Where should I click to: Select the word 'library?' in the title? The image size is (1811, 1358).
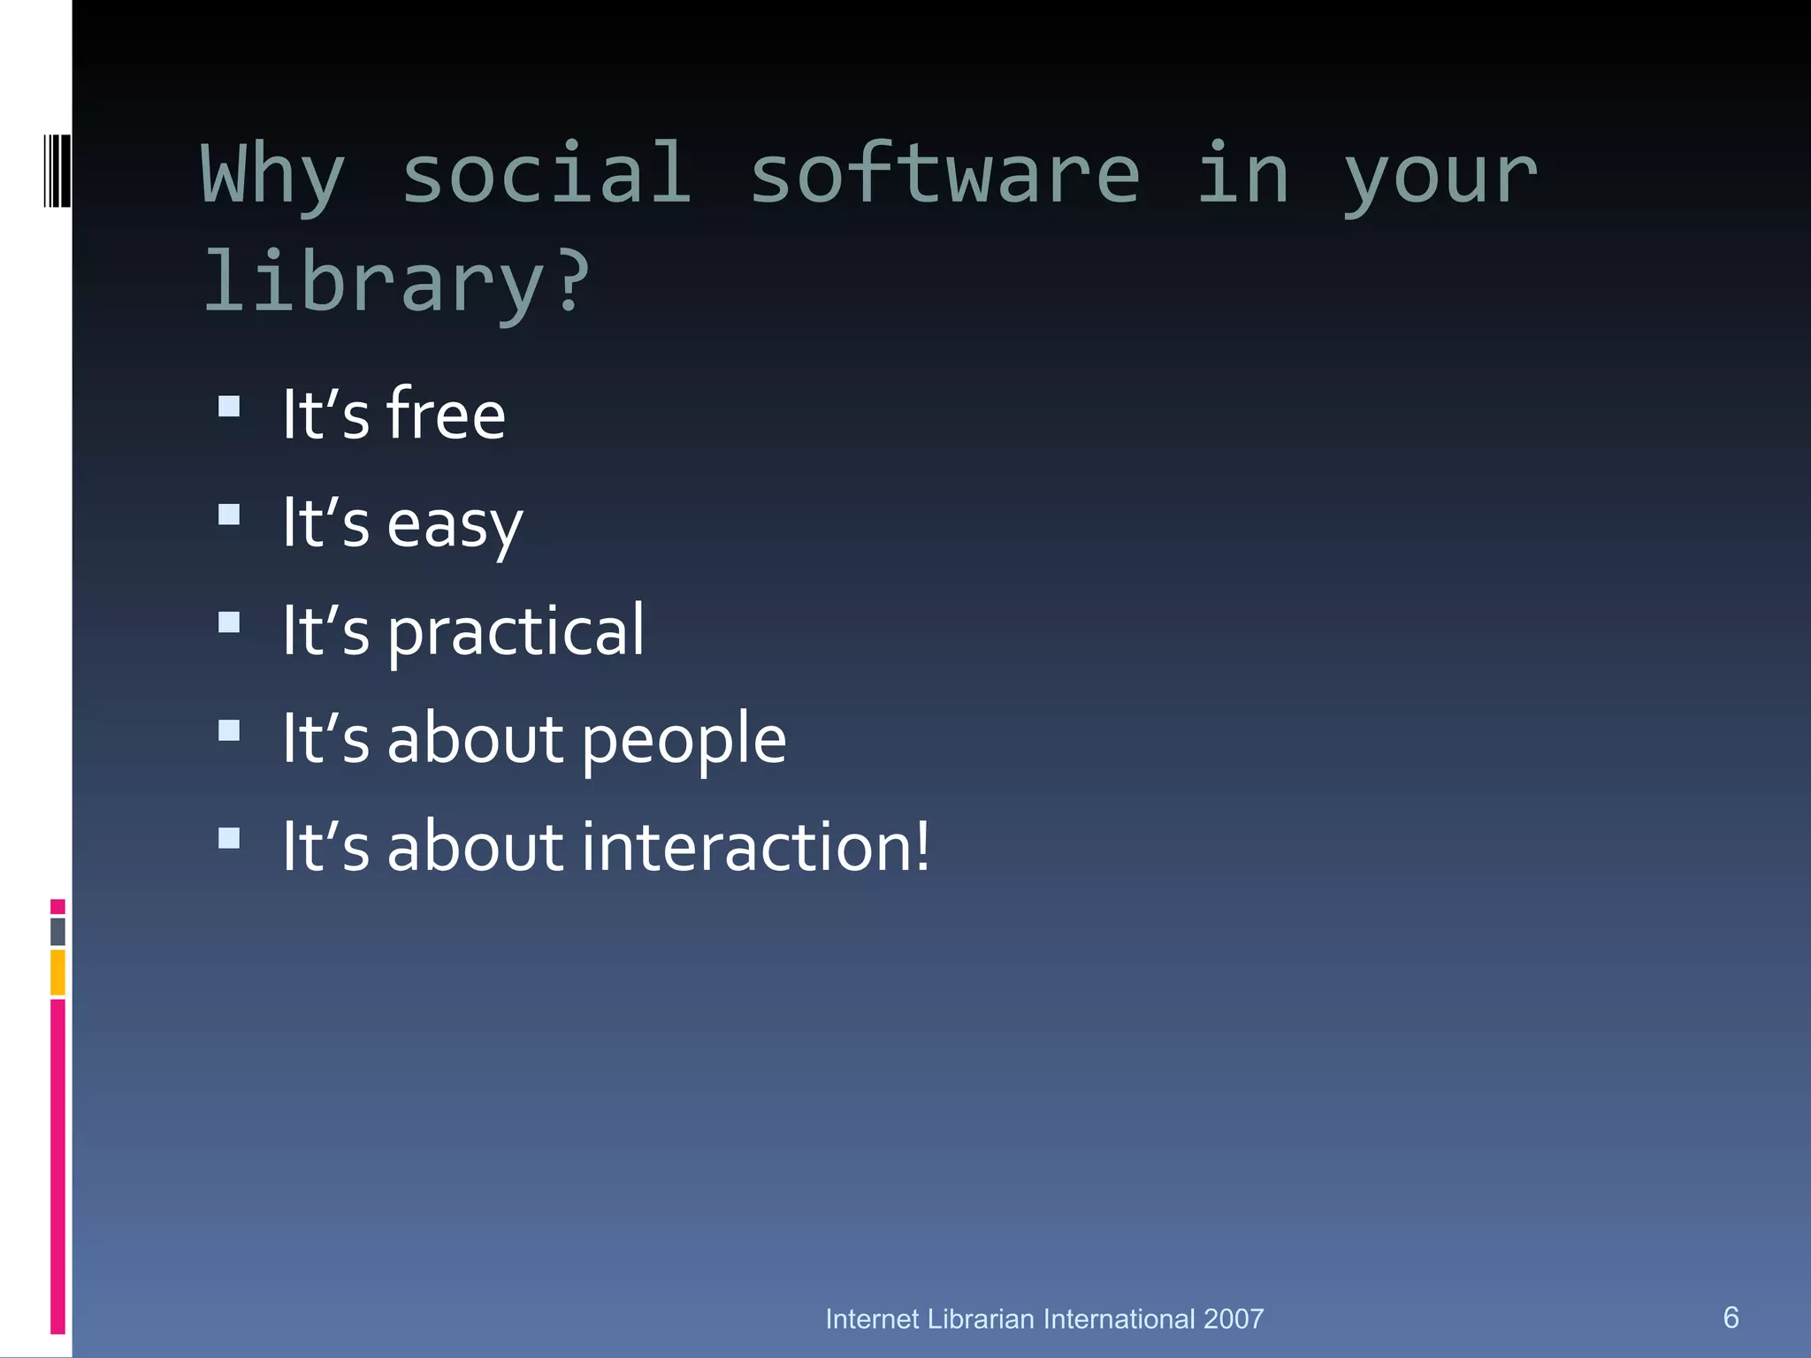pyautogui.click(x=395, y=283)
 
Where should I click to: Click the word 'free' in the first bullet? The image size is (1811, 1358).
pyautogui.click(x=446, y=415)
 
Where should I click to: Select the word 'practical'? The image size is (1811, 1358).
pyautogui.click(x=516, y=631)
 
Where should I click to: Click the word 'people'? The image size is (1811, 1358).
pyautogui.click(x=684, y=740)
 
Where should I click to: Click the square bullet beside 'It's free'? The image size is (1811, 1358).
pyautogui.click(x=229, y=407)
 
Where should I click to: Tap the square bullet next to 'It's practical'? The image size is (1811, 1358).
pyautogui.click(x=229, y=622)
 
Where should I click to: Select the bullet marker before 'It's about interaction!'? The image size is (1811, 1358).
pyautogui.click(x=229, y=838)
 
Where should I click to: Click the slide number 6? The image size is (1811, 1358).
pyautogui.click(x=1731, y=1317)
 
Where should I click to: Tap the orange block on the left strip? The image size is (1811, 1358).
pyautogui.click(x=57, y=973)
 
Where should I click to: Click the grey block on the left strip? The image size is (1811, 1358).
pyautogui.click(x=57, y=932)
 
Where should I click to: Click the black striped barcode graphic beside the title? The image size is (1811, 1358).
pyautogui.click(x=57, y=171)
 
